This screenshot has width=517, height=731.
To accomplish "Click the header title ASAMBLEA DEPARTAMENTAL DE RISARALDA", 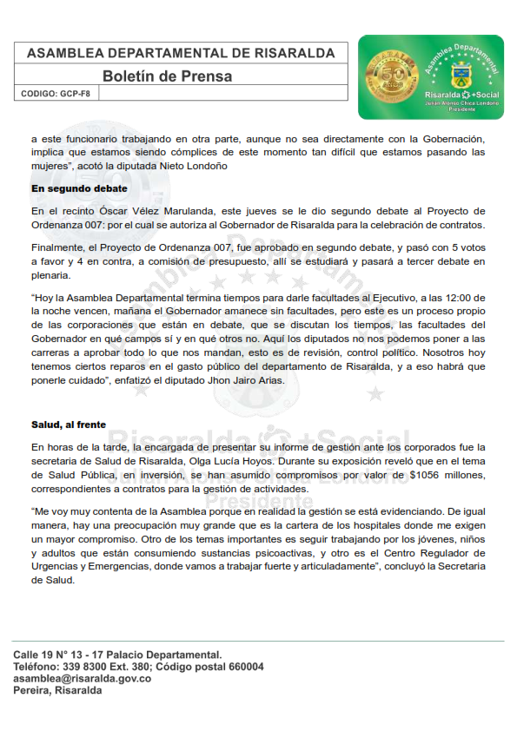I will [181, 53].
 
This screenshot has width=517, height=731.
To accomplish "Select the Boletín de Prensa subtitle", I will [167, 76].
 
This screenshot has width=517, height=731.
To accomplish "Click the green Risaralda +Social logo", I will [430, 76].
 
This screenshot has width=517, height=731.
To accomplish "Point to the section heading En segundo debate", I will [79, 188].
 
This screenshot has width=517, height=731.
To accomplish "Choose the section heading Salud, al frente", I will [69, 425].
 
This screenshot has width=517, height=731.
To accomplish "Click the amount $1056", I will [425, 475].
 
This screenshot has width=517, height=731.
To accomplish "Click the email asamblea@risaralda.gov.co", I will [83, 678].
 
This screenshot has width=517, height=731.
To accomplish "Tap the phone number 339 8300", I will [94, 667].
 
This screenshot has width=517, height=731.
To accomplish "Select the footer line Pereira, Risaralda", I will [57, 690].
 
